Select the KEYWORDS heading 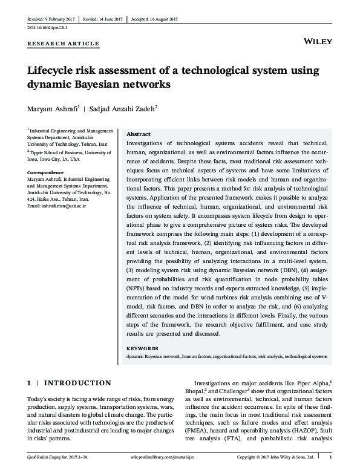tap(143, 349)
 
